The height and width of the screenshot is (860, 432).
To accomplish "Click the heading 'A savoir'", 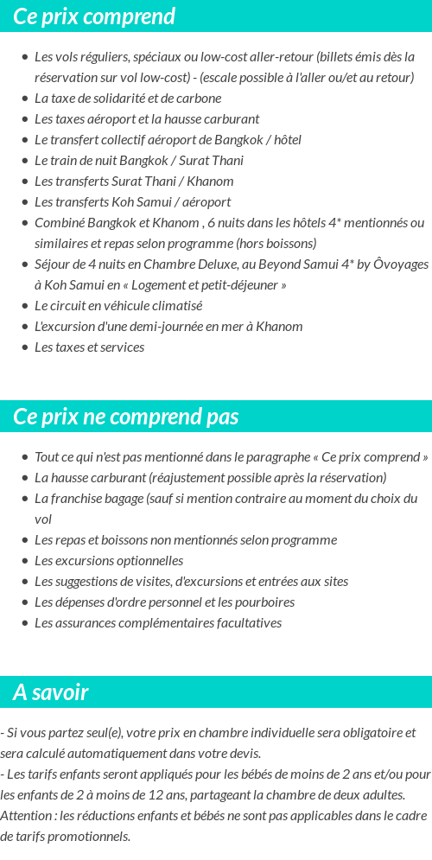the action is point(51,692).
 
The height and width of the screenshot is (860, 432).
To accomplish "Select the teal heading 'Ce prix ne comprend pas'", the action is point(126,417).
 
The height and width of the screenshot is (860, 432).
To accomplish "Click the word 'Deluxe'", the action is point(219,264).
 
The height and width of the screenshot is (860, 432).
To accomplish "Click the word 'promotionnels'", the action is point(92,837).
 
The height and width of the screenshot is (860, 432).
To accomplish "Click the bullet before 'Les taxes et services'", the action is point(24,348).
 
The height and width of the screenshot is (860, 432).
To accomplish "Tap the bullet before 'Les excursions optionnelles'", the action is point(24,561).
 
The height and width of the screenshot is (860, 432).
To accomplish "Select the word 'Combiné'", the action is point(59,223).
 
